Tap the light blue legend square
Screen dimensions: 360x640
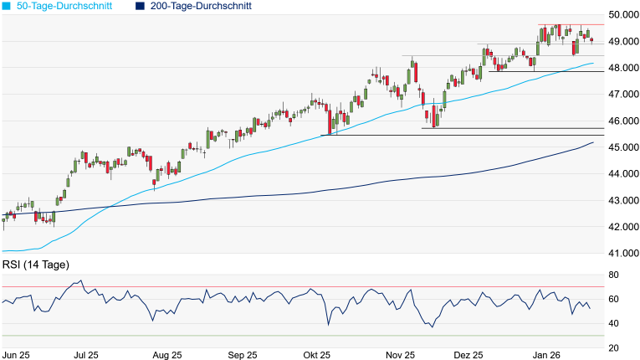[x=7, y=6]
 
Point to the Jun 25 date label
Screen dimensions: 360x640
[x=17, y=354]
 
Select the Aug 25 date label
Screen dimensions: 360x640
[x=168, y=354]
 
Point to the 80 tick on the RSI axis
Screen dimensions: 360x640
[x=613, y=275]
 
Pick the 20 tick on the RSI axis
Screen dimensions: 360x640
[x=613, y=347]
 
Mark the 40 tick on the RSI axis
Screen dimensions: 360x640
[x=613, y=323]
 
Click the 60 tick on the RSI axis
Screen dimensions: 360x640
[x=613, y=300]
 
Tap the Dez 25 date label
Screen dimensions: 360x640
[x=475, y=354]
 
